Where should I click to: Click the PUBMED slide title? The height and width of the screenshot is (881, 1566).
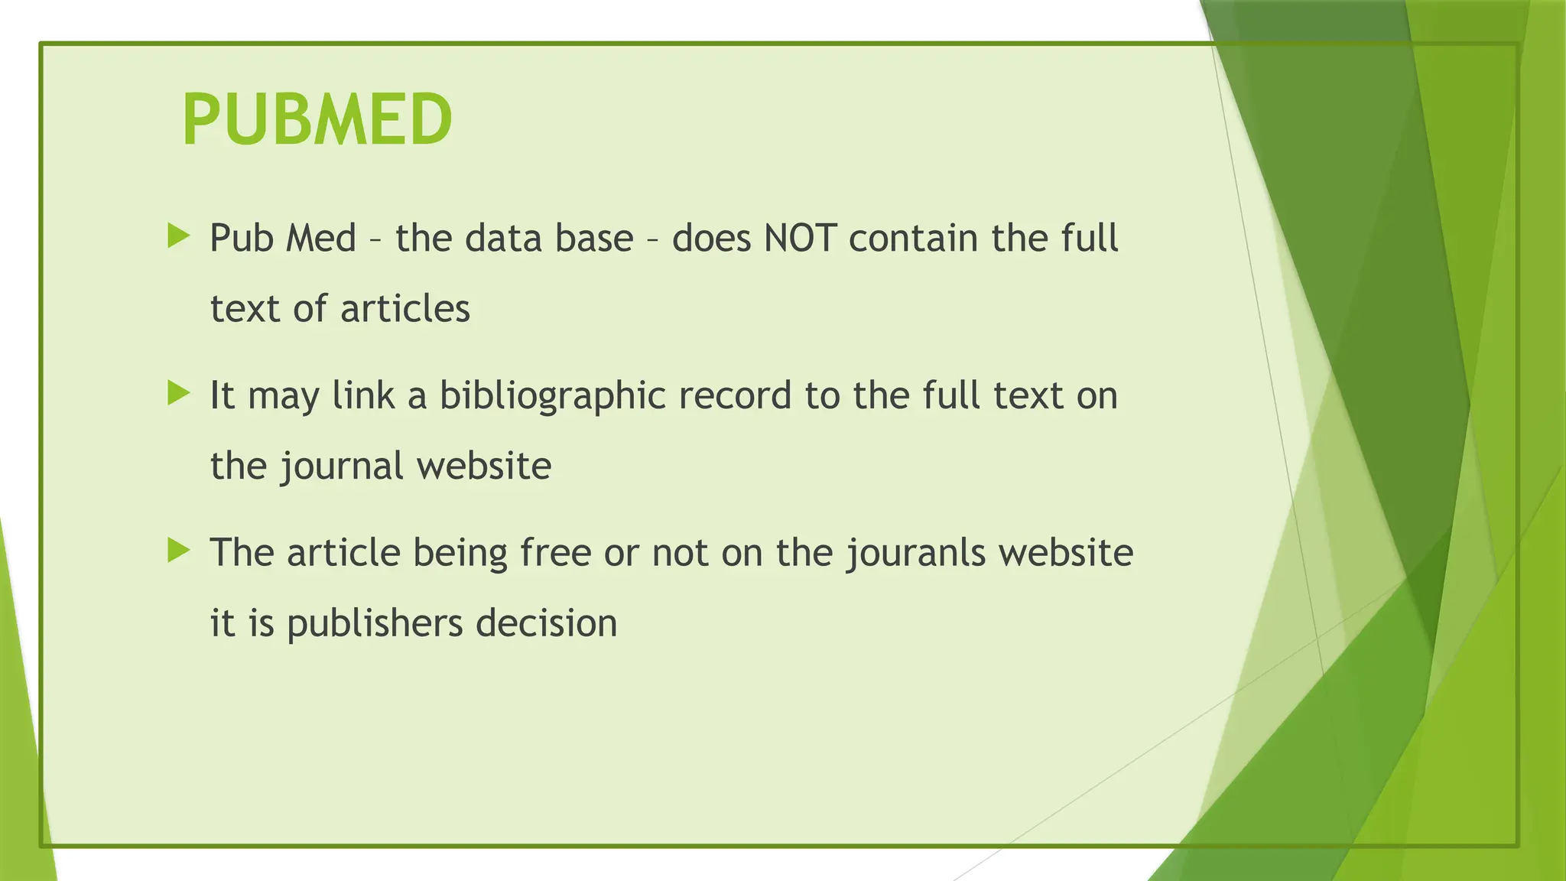click(x=317, y=119)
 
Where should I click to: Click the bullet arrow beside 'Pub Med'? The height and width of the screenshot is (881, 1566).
click(x=178, y=236)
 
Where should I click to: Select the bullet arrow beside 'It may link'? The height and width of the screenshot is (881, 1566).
click(x=178, y=394)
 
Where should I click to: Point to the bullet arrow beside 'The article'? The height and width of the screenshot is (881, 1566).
click(x=178, y=551)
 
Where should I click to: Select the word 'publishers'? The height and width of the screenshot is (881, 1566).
click(x=375, y=624)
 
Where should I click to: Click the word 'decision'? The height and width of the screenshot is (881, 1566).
click(x=546, y=623)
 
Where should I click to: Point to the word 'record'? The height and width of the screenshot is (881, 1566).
click(x=734, y=396)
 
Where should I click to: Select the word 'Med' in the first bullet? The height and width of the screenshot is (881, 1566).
click(x=320, y=238)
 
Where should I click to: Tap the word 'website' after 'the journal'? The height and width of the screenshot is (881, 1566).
click(x=484, y=466)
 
